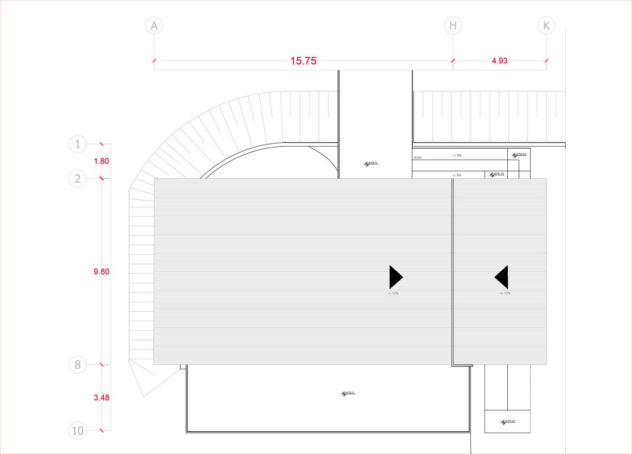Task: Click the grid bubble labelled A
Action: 154,26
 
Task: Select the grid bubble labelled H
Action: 453,26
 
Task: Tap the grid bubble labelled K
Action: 546,26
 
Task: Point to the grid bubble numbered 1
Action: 78,144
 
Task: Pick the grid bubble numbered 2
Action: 78,179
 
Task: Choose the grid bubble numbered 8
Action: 78,365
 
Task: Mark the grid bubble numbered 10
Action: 78,430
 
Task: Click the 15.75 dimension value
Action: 303,61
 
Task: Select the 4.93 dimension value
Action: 500,61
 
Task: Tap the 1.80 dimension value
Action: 101,161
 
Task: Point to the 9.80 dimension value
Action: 102,272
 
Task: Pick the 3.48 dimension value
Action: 102,397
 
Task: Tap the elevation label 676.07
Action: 521,155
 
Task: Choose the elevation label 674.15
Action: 499,174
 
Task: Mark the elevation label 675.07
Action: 510,422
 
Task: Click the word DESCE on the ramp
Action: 418,158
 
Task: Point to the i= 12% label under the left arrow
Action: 393,293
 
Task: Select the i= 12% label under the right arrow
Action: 505,293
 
